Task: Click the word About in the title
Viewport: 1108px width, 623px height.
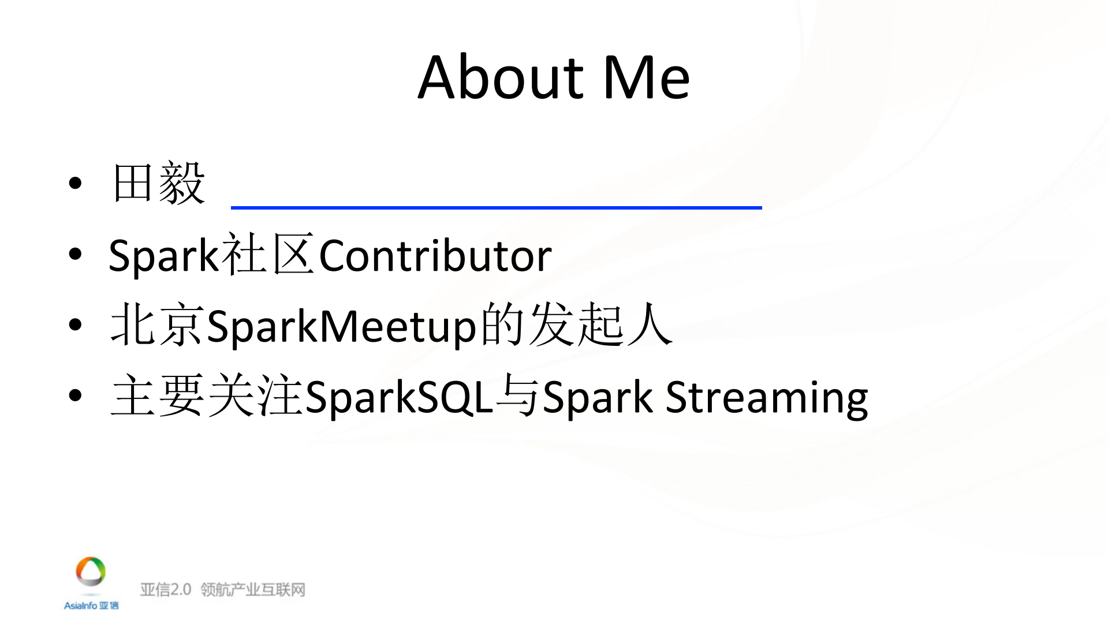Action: pyautogui.click(x=501, y=77)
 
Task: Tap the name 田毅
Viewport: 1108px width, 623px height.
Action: pyautogui.click(x=159, y=184)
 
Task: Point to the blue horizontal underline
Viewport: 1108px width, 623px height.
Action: pyautogui.click(x=496, y=207)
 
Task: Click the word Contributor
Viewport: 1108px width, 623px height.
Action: pyautogui.click(x=435, y=256)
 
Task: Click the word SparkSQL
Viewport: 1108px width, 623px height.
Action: pyautogui.click(x=399, y=397)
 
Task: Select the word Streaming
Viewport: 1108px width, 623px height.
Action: pyautogui.click(x=767, y=397)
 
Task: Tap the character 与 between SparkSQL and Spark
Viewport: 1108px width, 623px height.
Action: pyautogui.click(x=518, y=396)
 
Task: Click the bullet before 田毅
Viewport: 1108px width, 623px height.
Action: pyautogui.click(x=75, y=184)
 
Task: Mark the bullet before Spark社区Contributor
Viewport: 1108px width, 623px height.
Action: pyautogui.click(x=75, y=255)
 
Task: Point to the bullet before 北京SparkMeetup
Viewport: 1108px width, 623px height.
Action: pyautogui.click(x=75, y=325)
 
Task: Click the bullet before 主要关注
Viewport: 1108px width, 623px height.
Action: pyautogui.click(x=75, y=396)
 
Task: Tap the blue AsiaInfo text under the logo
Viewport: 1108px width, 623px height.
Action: pyautogui.click(x=81, y=605)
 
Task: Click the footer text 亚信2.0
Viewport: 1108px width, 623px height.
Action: pyautogui.click(x=165, y=590)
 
